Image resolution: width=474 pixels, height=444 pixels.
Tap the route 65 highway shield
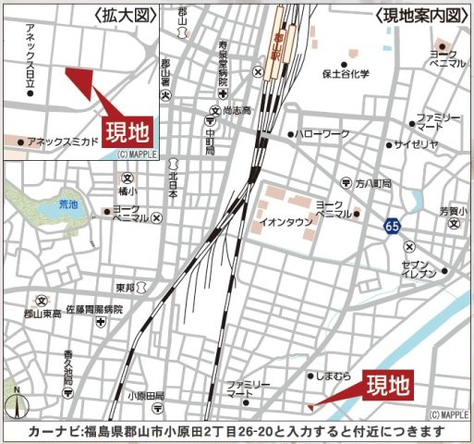tap(394, 226)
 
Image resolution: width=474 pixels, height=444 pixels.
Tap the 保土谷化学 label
tap(345, 74)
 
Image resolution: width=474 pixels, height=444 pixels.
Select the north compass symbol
tap(16, 403)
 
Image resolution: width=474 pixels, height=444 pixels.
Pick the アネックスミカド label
tap(63, 142)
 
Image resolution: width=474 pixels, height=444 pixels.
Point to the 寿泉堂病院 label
tap(223, 60)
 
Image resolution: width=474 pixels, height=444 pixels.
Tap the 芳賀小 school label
tap(453, 212)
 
